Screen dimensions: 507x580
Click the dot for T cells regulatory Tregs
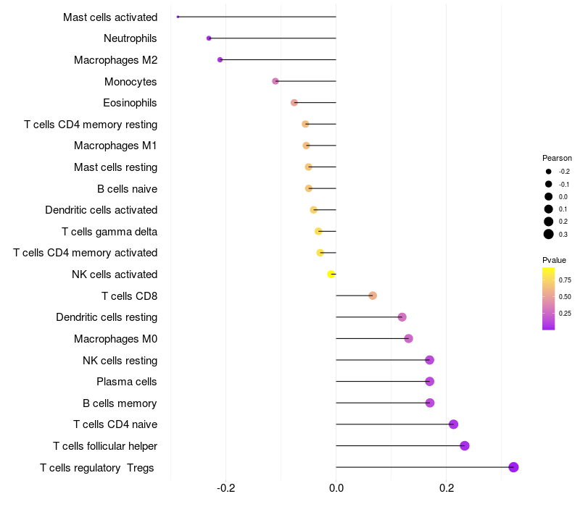(x=513, y=467)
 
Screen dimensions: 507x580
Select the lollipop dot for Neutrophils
(x=209, y=38)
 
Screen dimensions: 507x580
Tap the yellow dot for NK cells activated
(x=331, y=274)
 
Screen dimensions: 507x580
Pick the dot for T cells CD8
(x=373, y=296)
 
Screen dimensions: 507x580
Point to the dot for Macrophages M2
(x=220, y=59)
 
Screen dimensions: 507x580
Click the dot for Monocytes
(x=275, y=81)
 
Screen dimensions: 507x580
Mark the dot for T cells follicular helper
(x=465, y=445)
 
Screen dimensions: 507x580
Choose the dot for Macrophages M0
(x=408, y=338)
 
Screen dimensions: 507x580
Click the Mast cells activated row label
(x=110, y=17)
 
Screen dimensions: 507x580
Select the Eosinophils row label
(x=130, y=103)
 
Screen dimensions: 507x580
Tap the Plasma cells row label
(x=127, y=382)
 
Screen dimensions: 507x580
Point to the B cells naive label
(x=127, y=189)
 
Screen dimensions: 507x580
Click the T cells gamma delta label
(x=109, y=232)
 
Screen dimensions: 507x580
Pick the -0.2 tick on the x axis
(x=226, y=488)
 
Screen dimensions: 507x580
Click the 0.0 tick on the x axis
(x=336, y=488)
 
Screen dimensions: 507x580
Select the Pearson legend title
(x=557, y=158)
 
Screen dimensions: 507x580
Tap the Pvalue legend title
(x=554, y=260)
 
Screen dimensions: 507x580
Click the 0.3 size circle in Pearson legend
(x=549, y=234)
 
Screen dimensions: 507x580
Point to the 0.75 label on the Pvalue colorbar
(x=565, y=280)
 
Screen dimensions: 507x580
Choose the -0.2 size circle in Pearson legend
(x=549, y=172)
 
